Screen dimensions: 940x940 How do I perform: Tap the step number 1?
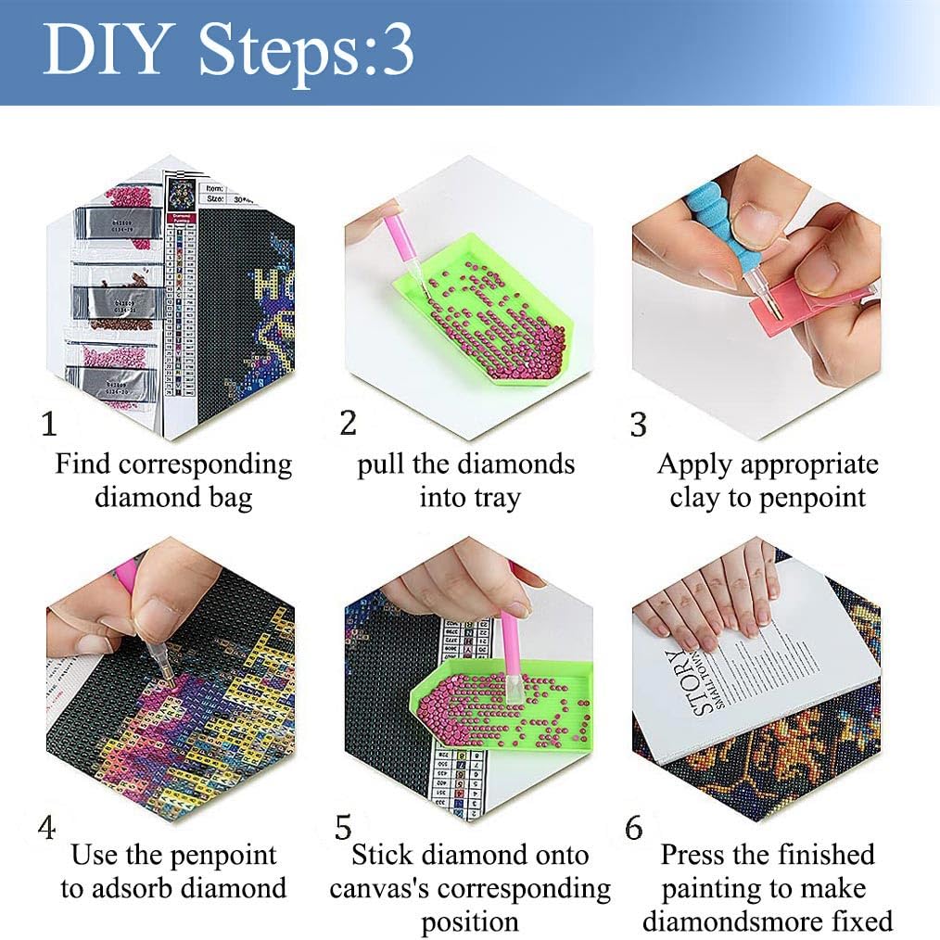pyautogui.click(x=50, y=425)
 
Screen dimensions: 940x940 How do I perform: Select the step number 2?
pyautogui.click(x=348, y=423)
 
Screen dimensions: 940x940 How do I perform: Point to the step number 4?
pyautogui.click(x=46, y=827)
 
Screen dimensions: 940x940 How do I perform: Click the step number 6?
pyautogui.click(x=634, y=828)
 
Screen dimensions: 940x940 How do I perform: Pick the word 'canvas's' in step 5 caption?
pyautogui.click(x=380, y=888)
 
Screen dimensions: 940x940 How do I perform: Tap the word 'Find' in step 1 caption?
pyautogui.click(x=82, y=464)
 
